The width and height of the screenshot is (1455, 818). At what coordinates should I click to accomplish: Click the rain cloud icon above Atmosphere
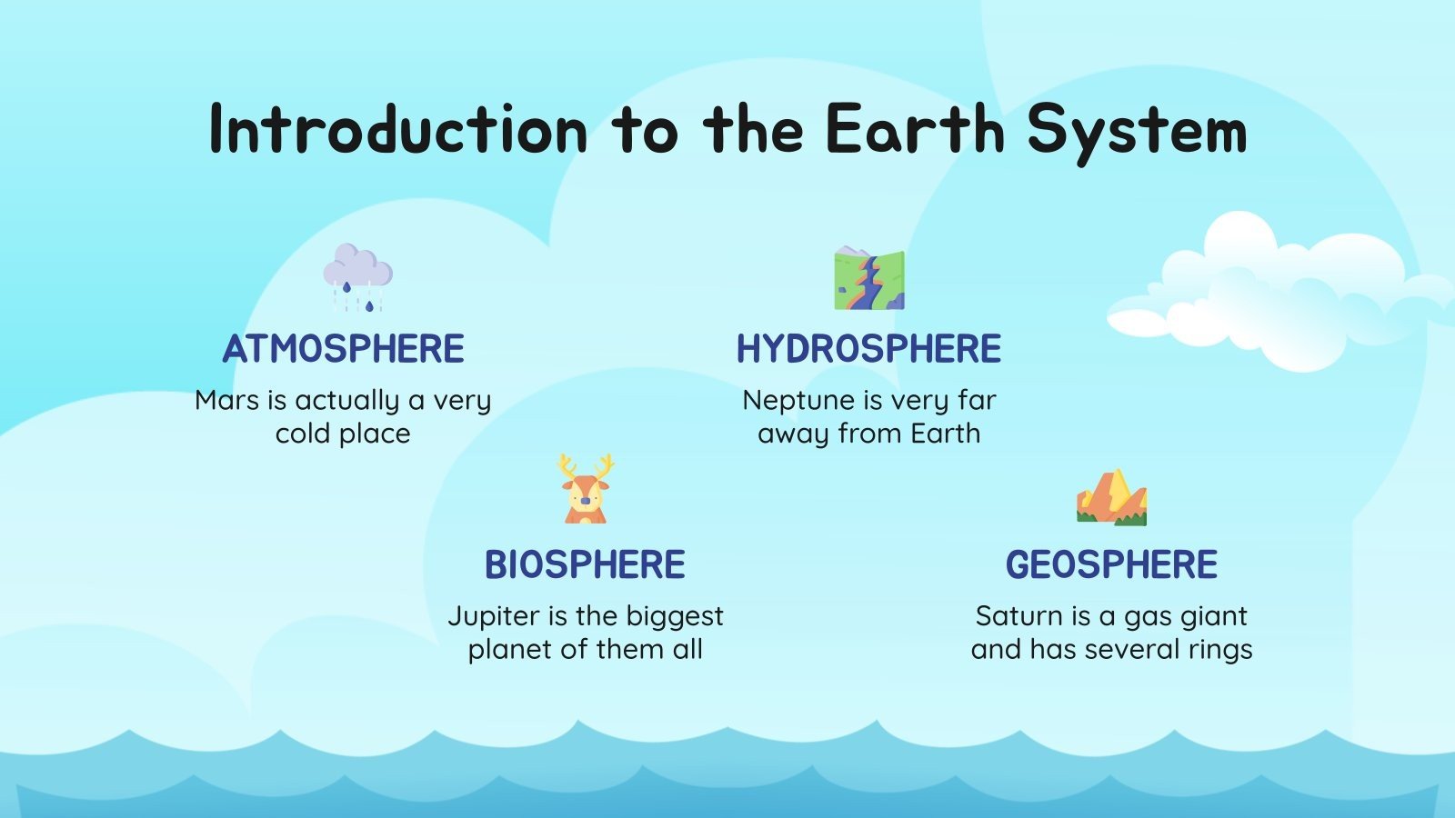357,275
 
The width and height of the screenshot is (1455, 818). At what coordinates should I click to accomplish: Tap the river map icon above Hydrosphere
869,278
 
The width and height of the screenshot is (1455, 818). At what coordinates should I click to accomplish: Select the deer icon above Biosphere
586,491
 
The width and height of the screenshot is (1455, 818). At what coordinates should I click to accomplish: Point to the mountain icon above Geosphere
1111,498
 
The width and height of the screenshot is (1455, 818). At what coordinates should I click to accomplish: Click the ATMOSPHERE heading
344,349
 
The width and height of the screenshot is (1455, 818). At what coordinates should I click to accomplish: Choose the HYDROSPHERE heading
868,349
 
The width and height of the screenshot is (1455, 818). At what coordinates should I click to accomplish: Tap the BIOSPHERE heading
585,564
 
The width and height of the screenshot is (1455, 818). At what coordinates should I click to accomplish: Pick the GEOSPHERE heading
1111,564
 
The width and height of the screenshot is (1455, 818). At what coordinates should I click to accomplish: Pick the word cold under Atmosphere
303,434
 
